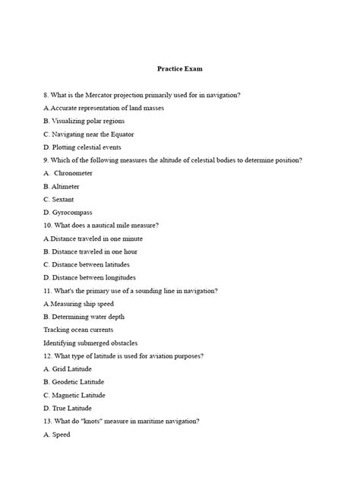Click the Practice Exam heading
pyautogui.click(x=180, y=68)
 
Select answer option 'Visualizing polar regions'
pyautogui.click(x=84, y=121)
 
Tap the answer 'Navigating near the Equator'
pyautogui.click(x=87, y=134)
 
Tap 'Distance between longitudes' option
pyautogui.click(x=90, y=277)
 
